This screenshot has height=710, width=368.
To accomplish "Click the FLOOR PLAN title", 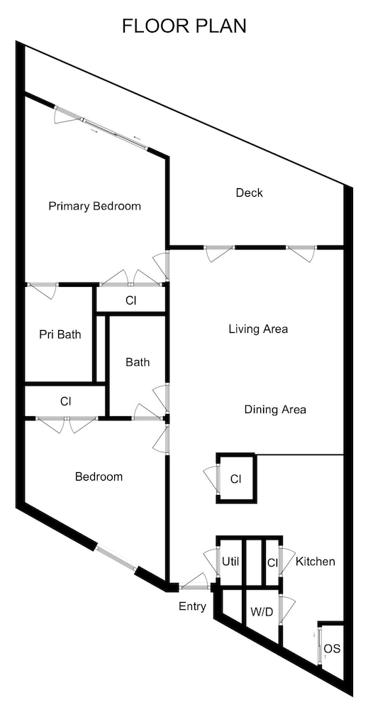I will (x=184, y=26).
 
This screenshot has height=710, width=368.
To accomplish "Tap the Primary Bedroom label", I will (x=94, y=207).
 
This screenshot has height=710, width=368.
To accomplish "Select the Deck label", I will (x=249, y=192).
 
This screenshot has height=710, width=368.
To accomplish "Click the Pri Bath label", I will (x=60, y=334).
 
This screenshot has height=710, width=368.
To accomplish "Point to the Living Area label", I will (x=257, y=329).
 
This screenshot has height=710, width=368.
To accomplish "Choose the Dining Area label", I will (x=275, y=410).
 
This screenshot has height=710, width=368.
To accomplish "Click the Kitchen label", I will (x=316, y=562).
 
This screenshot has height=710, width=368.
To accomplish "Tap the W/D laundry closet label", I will (x=262, y=611).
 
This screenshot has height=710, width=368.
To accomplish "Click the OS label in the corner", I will (x=332, y=649).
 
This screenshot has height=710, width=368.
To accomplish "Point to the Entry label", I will (x=192, y=606).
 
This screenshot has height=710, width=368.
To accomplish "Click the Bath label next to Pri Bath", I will (x=138, y=362).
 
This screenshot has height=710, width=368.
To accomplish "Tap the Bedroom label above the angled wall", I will (x=99, y=476).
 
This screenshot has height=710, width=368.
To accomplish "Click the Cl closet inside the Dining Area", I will (x=236, y=479).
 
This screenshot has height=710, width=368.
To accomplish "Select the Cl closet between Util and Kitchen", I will (x=272, y=562).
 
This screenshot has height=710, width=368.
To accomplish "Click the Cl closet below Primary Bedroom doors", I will (x=130, y=300).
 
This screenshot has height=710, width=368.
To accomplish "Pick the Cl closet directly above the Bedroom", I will (x=65, y=401).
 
